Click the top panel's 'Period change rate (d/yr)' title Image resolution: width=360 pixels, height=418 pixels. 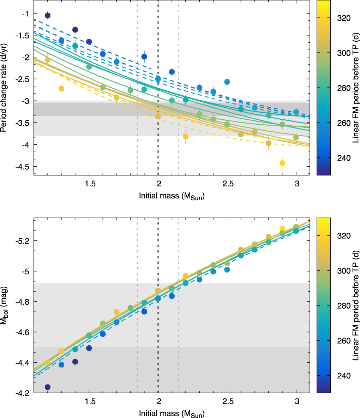click(5, 87)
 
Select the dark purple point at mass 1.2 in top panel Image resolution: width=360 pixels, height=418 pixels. click(48, 15)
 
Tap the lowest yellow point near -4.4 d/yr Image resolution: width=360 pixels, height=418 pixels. click(282, 163)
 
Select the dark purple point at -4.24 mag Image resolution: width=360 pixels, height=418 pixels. click(48, 387)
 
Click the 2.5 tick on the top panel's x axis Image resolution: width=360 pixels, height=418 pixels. click(227, 184)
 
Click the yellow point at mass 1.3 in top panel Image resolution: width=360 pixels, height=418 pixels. click(61, 88)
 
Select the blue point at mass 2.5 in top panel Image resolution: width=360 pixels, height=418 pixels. click(227, 82)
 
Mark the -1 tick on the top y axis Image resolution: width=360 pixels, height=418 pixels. click(25, 13)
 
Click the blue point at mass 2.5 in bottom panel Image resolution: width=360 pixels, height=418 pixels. click(227, 270)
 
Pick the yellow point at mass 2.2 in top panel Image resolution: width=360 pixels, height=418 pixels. click(186, 136)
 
